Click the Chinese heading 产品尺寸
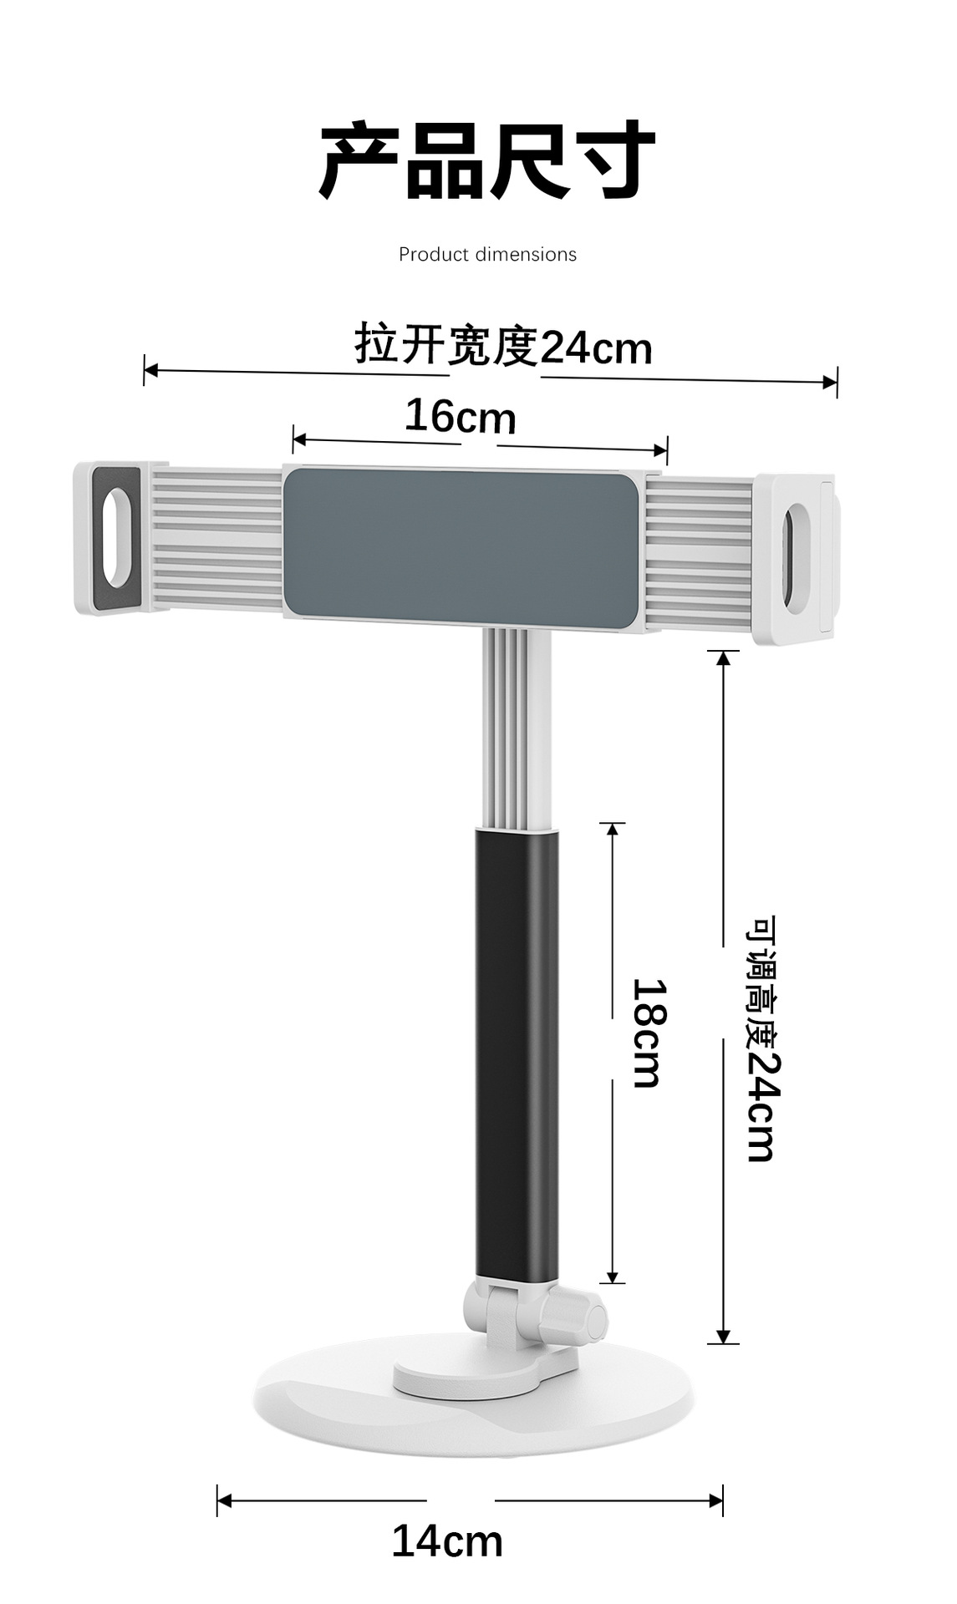point(487,160)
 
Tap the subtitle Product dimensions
point(487,254)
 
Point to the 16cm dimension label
point(461,416)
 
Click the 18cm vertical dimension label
point(649,1033)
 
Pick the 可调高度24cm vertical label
point(761,1039)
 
